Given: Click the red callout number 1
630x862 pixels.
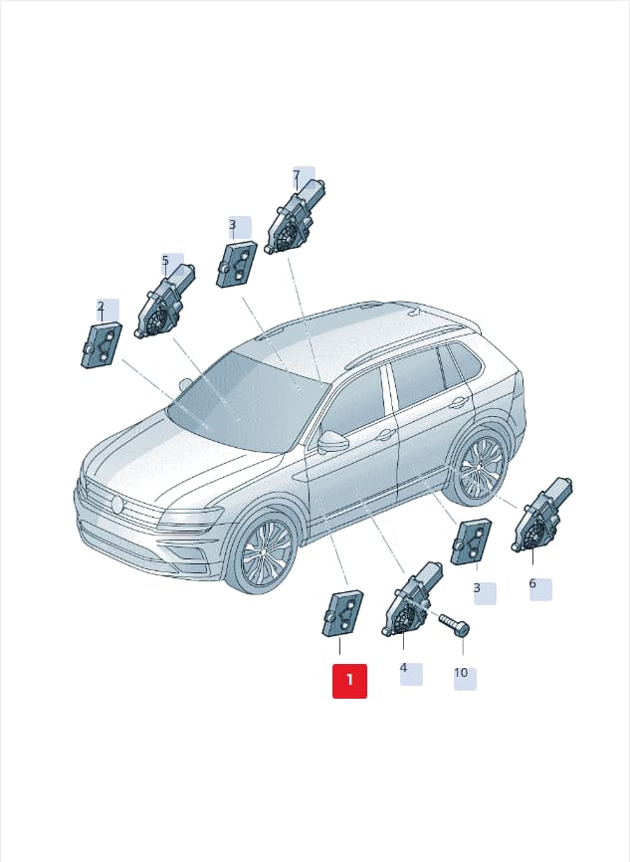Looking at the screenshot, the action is (x=349, y=681).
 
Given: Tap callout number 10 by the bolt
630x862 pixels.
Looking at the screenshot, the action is (x=461, y=673).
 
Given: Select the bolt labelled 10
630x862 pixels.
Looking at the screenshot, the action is (x=454, y=625).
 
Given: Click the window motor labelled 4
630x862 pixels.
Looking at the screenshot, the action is (x=410, y=600).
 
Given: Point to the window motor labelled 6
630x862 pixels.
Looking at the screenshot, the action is (x=541, y=515).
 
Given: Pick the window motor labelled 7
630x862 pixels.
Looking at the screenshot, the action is (x=297, y=217).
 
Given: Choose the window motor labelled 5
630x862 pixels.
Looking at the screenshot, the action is (x=164, y=302).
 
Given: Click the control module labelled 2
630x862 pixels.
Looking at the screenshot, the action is (x=102, y=345).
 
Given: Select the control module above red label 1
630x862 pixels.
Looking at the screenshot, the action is (x=342, y=613).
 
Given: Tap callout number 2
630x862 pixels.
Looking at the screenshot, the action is (x=101, y=307).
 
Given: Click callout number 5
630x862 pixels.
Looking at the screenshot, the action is (x=165, y=260).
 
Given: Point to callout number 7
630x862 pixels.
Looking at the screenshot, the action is (x=297, y=175).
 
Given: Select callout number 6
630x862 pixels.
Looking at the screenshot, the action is (x=532, y=582).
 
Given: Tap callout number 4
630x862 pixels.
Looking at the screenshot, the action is (x=403, y=668).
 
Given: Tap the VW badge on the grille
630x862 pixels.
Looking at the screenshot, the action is (x=116, y=505).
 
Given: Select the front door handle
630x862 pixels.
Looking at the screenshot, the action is (x=384, y=435).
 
